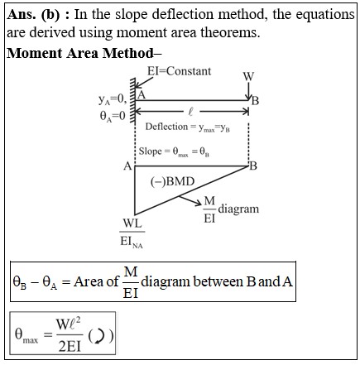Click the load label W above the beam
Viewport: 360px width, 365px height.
tap(248, 76)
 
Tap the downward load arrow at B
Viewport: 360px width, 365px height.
tap(248, 91)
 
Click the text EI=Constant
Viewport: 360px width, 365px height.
tap(179, 71)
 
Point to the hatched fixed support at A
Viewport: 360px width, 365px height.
tap(132, 101)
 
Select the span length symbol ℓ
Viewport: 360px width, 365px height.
tap(190, 112)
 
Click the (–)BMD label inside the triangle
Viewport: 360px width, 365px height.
tap(173, 181)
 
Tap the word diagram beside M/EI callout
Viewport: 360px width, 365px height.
tap(238, 209)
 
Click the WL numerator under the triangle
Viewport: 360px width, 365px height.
tap(132, 223)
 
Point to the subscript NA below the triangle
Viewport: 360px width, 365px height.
tap(137, 246)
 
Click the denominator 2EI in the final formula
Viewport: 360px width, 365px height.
tap(70, 347)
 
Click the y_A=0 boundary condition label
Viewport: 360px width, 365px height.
tap(113, 100)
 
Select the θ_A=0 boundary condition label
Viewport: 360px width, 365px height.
tap(113, 116)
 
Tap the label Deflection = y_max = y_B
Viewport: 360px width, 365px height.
tap(188, 127)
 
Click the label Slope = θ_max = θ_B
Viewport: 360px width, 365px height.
tap(174, 151)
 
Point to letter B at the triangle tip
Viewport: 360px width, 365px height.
tap(253, 166)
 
